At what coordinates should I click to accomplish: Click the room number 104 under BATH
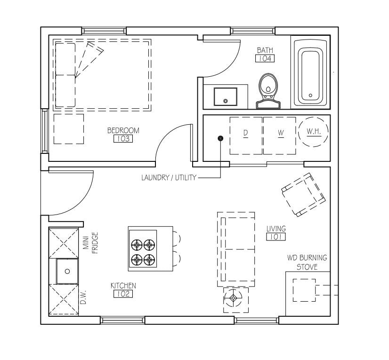265,58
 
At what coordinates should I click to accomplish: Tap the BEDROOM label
123,130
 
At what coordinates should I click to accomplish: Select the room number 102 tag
123,294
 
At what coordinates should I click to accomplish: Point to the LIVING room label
276,228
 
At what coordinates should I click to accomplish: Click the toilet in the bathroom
268,91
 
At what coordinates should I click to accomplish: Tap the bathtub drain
310,95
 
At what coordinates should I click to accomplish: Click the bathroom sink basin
226,96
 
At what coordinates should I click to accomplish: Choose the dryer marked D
246,136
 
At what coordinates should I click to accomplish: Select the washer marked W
280,136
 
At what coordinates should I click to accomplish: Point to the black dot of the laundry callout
220,138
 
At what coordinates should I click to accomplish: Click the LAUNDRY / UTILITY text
169,177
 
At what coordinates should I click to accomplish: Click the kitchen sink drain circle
67,272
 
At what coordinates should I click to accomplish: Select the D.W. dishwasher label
83,297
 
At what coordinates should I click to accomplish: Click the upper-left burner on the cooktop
137,245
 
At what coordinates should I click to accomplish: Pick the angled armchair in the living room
303,195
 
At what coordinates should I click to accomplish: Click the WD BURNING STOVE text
307,262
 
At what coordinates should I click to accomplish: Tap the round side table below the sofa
233,298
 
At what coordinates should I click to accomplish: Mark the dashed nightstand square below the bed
69,129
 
